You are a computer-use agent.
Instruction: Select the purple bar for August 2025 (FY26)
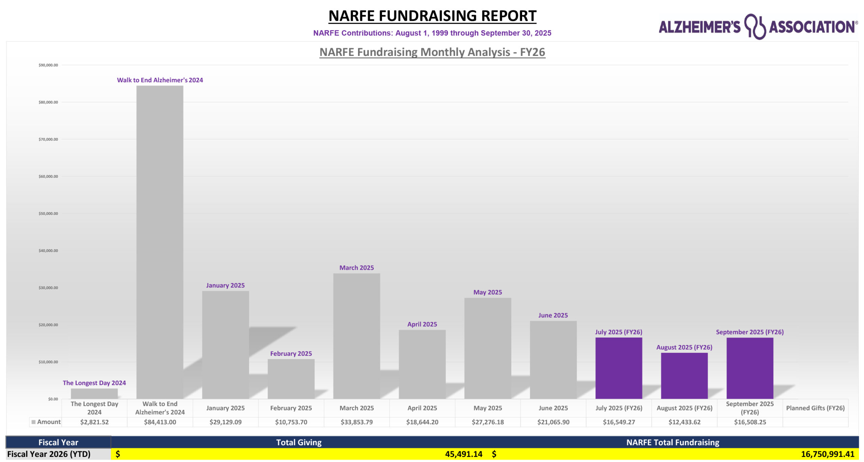click(684, 376)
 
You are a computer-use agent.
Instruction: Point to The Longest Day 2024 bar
click(94, 394)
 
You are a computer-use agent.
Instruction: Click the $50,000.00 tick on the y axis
click(48, 213)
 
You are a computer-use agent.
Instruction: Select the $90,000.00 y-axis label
click(48, 65)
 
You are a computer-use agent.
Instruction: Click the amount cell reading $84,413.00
click(160, 422)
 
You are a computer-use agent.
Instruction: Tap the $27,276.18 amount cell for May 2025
click(488, 422)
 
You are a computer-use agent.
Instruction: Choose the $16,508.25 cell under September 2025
click(750, 422)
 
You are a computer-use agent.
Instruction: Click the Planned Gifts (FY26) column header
click(815, 408)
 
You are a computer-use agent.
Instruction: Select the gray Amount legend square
click(33, 422)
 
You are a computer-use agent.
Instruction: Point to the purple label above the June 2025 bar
click(553, 315)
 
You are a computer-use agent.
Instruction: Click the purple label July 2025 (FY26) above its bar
click(618, 332)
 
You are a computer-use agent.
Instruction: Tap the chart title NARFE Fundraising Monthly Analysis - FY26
click(432, 52)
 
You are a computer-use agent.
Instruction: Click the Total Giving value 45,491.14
click(463, 454)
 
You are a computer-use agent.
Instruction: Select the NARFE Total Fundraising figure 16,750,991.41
click(827, 454)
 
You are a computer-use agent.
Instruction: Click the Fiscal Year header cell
click(58, 442)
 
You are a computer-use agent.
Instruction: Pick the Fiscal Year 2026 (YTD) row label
click(49, 454)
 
